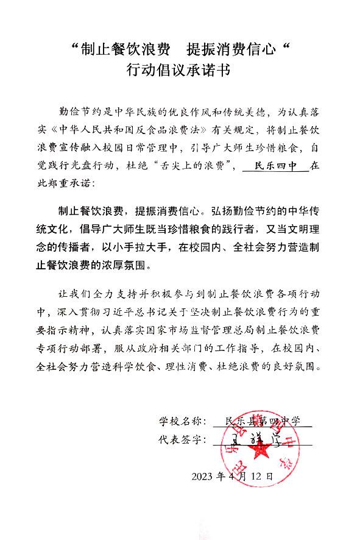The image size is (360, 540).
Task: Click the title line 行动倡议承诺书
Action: point(179,71)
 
